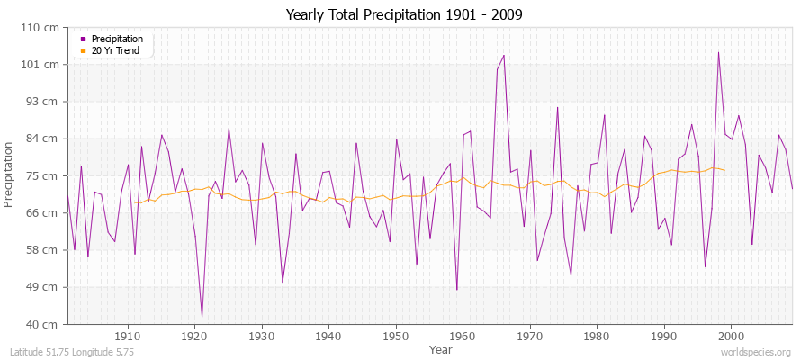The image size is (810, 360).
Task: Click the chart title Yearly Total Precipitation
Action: (404, 14)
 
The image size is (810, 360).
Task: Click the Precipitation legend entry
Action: (117, 39)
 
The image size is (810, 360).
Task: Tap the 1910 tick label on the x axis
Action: (128, 336)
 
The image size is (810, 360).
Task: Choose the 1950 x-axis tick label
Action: (395, 336)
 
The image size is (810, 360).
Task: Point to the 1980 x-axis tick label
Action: (596, 336)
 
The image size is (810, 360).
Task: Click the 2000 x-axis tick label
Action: (730, 336)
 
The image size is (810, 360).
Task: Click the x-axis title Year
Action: (441, 348)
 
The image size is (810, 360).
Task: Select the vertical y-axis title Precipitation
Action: (10, 175)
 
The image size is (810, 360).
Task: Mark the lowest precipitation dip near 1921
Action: (202, 317)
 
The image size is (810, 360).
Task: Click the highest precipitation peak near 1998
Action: (718, 52)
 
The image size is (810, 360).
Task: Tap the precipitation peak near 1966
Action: (504, 56)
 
